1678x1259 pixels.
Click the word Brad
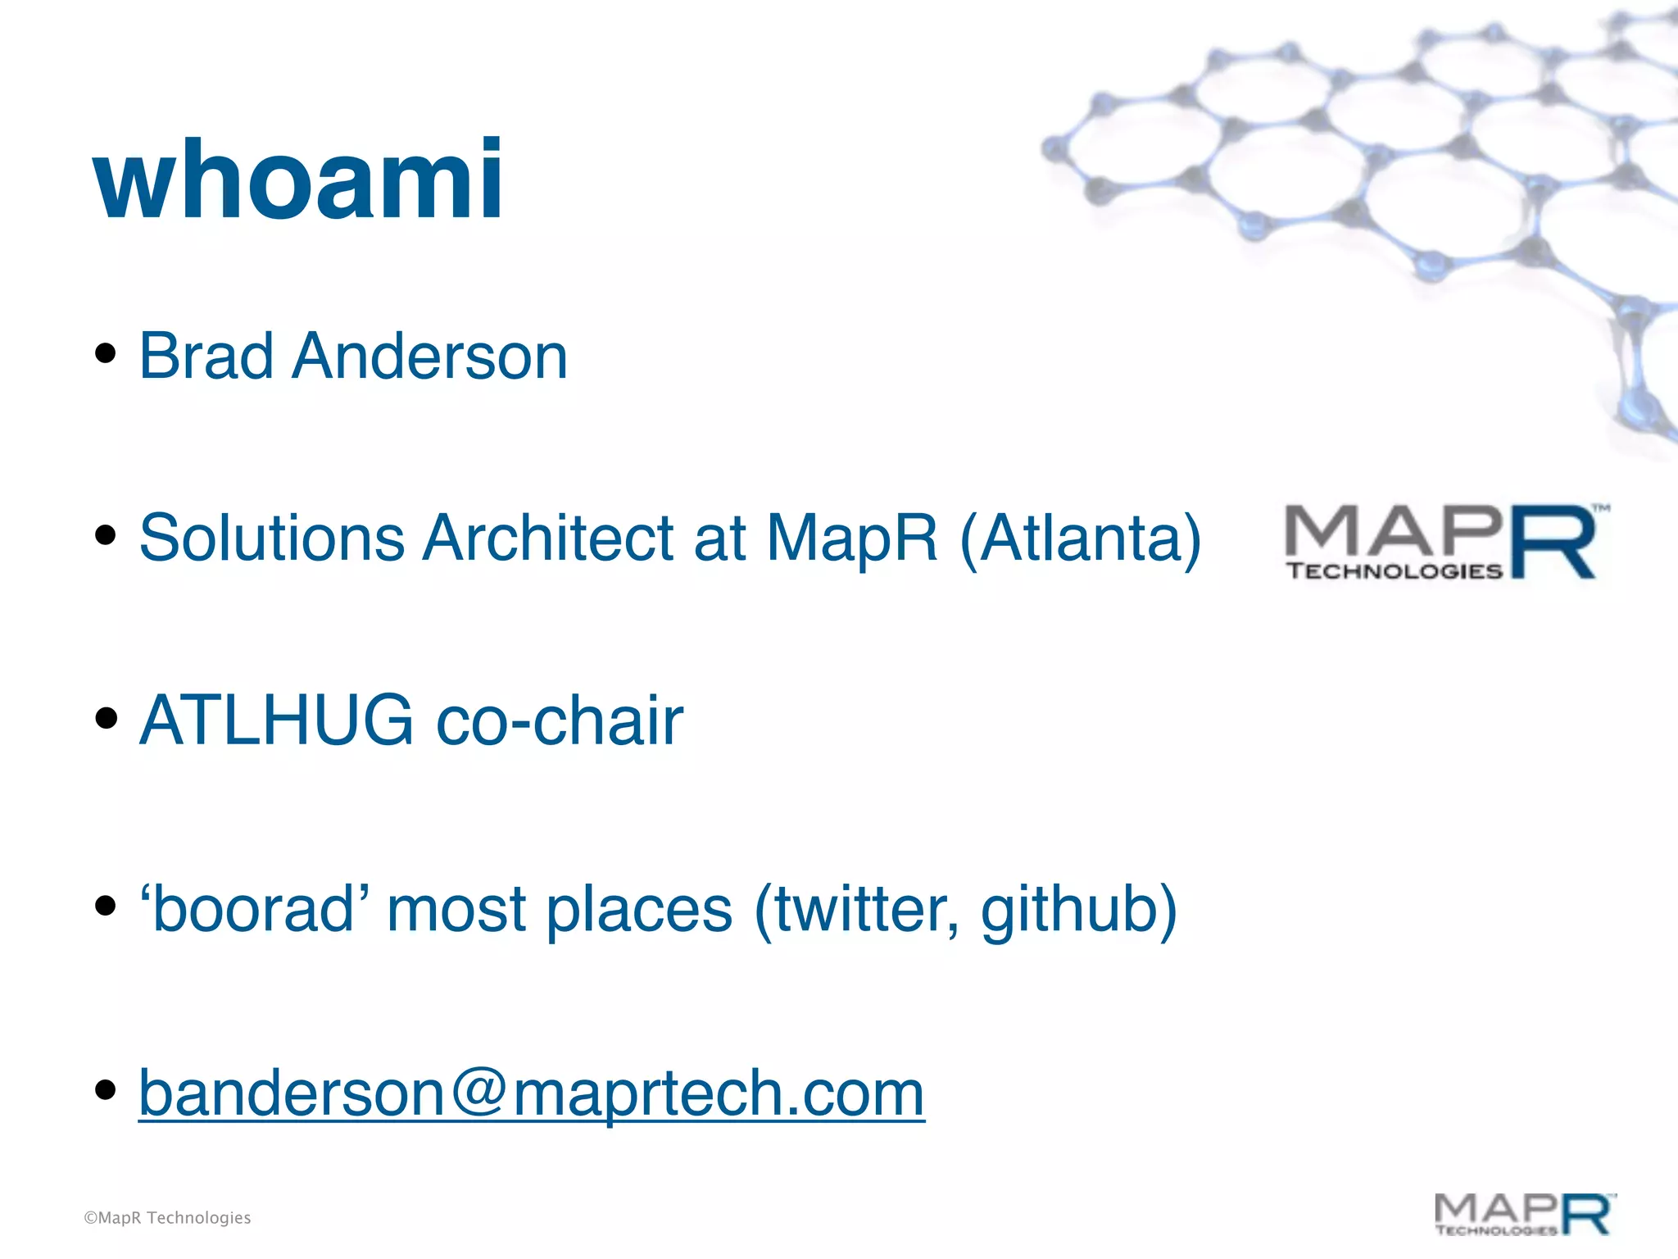point(206,357)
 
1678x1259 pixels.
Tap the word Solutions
point(272,539)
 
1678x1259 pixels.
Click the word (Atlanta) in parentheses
point(1080,539)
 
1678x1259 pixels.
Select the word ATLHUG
point(276,720)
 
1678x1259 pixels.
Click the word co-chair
point(560,720)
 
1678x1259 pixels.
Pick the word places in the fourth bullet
point(639,909)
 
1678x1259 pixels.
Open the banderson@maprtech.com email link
point(531,1093)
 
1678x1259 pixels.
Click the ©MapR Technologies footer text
point(168,1218)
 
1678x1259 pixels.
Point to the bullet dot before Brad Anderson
point(105,354)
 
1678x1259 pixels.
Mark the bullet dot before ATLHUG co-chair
point(105,718)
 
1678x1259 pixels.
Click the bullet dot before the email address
point(105,1089)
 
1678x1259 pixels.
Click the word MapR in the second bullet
point(851,539)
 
